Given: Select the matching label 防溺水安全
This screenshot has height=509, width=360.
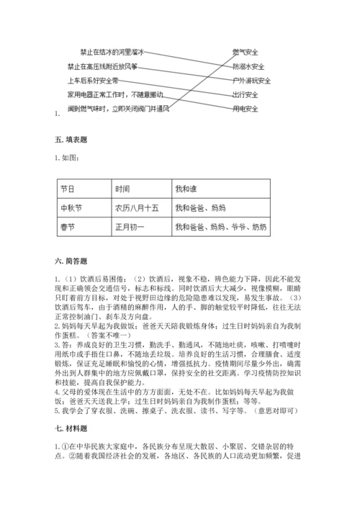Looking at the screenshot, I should pyautogui.click(x=248, y=67).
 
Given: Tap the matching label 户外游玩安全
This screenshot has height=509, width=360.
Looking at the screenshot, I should pyautogui.click(x=251, y=81).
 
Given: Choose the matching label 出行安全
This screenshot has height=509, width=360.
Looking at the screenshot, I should pyautogui.click(x=246, y=94).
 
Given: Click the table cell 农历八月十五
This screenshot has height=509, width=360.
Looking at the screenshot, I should pyautogui.click(x=134, y=207).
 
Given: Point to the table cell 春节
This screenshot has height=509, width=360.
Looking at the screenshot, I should pyautogui.click(x=67, y=227).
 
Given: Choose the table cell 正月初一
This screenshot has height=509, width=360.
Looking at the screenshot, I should pyautogui.click(x=129, y=227).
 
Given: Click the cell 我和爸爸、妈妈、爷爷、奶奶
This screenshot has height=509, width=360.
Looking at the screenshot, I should pyautogui.click(x=220, y=227).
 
